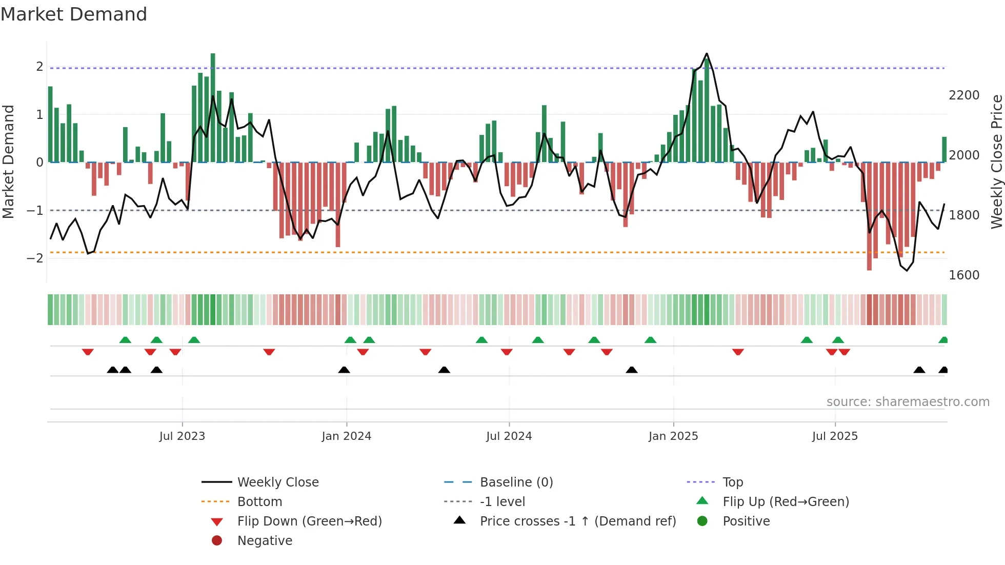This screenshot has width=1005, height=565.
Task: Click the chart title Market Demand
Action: click(74, 14)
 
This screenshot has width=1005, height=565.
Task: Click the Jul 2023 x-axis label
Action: click(182, 436)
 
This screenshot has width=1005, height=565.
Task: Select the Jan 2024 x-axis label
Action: click(346, 436)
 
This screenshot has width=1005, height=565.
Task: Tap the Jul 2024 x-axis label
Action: click(509, 436)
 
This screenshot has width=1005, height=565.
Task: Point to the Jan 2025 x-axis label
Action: click(673, 436)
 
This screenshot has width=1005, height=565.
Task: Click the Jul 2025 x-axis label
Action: click(835, 436)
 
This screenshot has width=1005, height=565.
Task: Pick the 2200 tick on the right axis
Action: click(964, 95)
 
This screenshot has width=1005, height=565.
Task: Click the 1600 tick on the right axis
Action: click(964, 275)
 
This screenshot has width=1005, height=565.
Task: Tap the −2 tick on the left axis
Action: click(35, 258)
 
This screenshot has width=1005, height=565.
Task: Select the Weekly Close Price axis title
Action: click(996, 162)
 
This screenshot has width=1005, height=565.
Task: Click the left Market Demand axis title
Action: click(8, 162)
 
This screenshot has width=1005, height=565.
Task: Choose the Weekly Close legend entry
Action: click(277, 482)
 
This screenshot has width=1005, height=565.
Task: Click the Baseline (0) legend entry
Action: click(516, 482)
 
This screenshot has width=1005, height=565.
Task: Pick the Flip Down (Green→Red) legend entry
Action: click(309, 521)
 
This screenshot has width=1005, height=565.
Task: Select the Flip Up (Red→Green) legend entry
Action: click(786, 502)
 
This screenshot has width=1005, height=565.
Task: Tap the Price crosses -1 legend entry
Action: click(577, 521)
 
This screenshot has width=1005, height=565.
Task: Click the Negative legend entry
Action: click(265, 541)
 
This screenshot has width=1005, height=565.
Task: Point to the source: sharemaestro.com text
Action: click(908, 402)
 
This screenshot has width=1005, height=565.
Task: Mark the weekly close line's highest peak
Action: click(707, 53)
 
